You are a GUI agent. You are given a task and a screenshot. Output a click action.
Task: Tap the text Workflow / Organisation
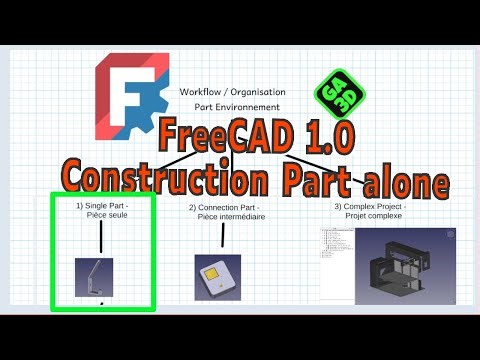(x=232, y=91)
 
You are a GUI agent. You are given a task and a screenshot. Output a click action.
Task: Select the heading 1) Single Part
(x=100, y=204)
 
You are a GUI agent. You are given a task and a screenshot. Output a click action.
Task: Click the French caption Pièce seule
(x=101, y=215)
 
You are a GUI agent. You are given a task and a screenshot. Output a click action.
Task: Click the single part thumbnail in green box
(x=94, y=277)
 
